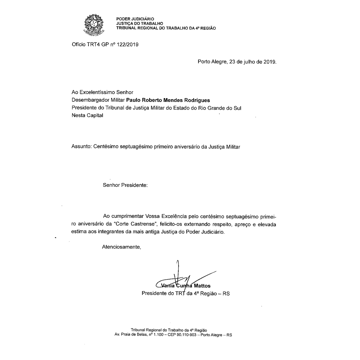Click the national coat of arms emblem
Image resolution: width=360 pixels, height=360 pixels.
click(93, 24)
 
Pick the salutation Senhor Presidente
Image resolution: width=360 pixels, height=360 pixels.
click(125, 185)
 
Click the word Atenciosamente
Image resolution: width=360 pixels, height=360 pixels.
click(121, 247)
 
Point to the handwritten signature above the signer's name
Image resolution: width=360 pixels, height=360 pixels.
click(184, 277)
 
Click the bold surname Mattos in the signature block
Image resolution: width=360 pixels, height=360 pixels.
click(202, 286)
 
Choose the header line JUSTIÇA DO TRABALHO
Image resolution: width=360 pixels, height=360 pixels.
click(140, 24)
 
